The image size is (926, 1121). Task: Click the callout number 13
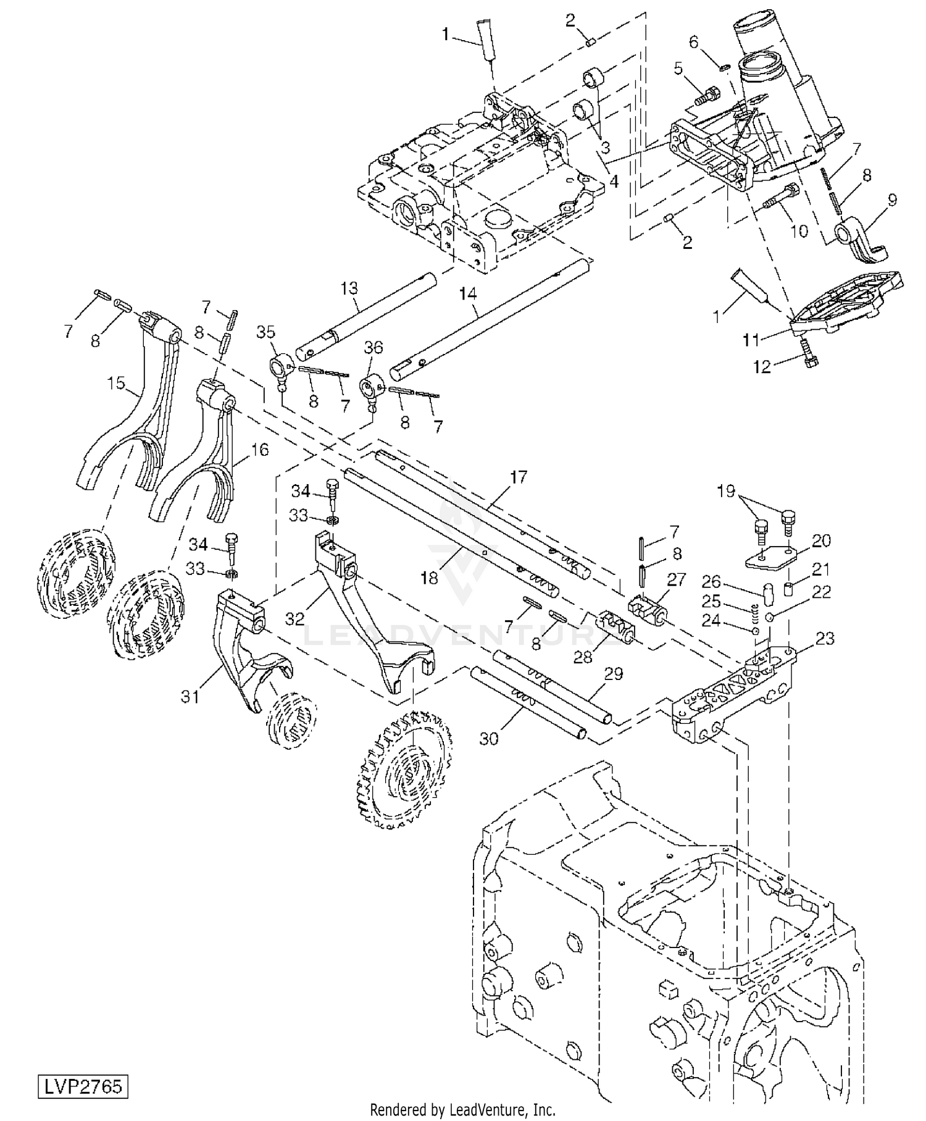(x=349, y=288)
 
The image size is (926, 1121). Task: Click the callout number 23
(x=825, y=638)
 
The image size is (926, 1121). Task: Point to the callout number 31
(x=190, y=696)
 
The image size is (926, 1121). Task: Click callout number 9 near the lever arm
(x=892, y=201)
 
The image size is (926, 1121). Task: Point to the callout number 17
(x=519, y=477)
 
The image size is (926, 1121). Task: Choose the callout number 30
(x=488, y=739)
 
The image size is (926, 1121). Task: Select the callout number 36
(x=373, y=348)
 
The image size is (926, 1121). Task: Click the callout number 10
(x=799, y=231)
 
